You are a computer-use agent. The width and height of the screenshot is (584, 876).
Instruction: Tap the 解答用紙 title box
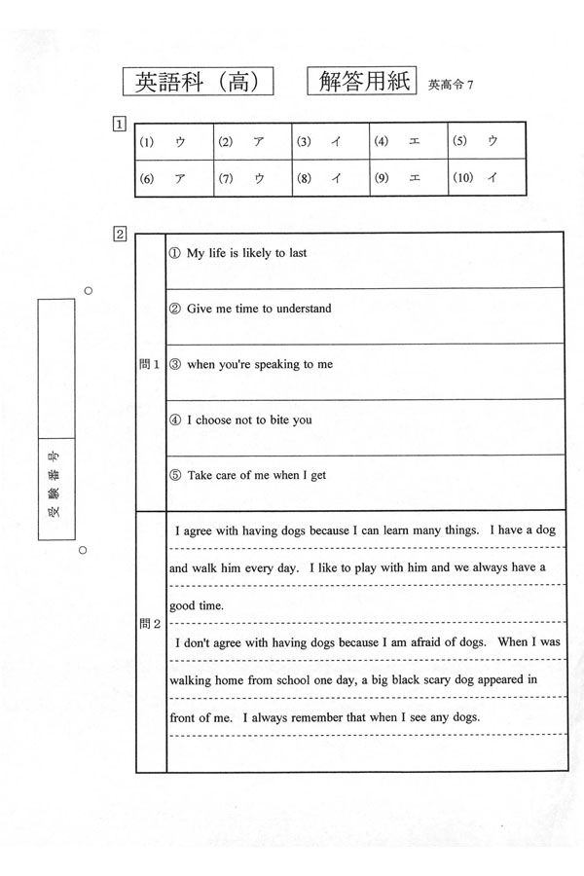click(x=361, y=82)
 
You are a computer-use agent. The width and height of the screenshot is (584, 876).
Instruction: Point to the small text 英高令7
click(x=450, y=85)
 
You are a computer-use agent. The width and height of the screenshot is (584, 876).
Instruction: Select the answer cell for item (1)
click(x=172, y=142)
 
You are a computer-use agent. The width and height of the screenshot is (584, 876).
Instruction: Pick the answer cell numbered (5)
click(x=486, y=142)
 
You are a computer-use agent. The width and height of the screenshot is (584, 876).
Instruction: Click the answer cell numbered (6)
click(x=172, y=178)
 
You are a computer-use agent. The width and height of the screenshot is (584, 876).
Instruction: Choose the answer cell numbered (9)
click(x=408, y=178)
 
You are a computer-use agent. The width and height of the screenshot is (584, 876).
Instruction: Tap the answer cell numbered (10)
click(x=486, y=178)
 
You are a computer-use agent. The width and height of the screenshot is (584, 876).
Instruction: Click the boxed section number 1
click(x=119, y=125)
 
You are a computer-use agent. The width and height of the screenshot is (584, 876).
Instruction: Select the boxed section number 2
click(x=119, y=234)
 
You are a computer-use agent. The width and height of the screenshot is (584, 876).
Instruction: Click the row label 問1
click(x=149, y=364)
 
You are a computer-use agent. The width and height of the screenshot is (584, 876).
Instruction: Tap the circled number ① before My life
click(x=175, y=253)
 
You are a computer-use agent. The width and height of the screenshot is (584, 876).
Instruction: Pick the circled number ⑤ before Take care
click(x=175, y=476)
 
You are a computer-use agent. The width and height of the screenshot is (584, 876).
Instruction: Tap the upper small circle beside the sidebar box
click(x=88, y=290)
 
